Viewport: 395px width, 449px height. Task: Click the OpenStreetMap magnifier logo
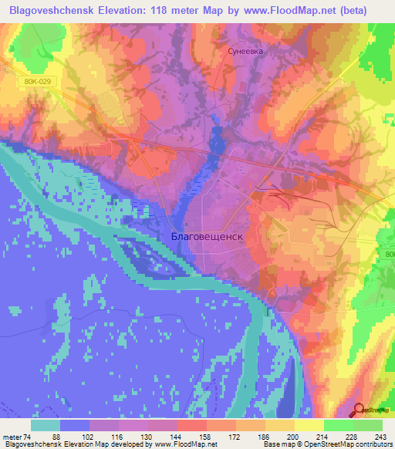pyautogui.click(x=360, y=410)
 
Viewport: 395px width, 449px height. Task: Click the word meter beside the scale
pyautogui.click(x=12, y=437)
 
